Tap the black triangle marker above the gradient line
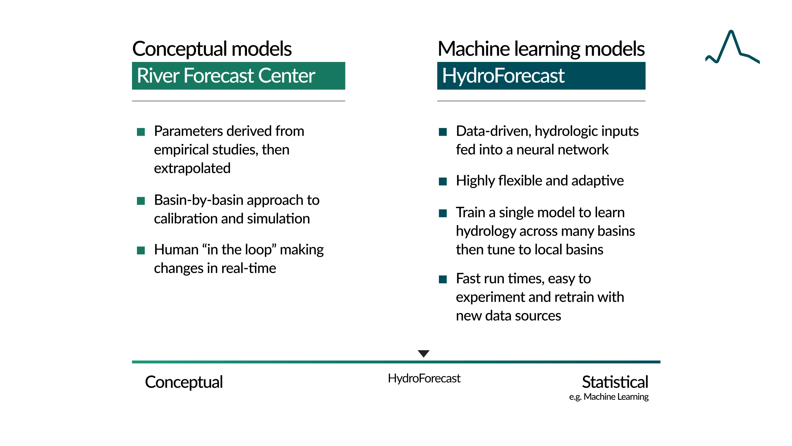pyautogui.click(x=424, y=353)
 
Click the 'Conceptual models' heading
pyautogui.click(x=212, y=49)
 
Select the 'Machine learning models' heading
pyautogui.click(x=541, y=49)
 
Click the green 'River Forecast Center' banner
pyautogui.click(x=239, y=76)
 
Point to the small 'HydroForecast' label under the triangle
pyautogui.click(x=424, y=378)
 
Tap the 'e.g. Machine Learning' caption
pyautogui.click(x=609, y=397)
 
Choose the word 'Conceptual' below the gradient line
pyautogui.click(x=184, y=382)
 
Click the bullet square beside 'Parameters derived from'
pyautogui.click(x=141, y=132)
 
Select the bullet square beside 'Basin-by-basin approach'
pyautogui.click(x=141, y=201)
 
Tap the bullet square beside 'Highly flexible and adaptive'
pyautogui.click(x=443, y=182)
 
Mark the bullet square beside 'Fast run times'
pyautogui.click(x=443, y=279)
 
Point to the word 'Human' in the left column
pyautogui.click(x=176, y=250)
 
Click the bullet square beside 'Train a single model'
pyautogui.click(x=443, y=213)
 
